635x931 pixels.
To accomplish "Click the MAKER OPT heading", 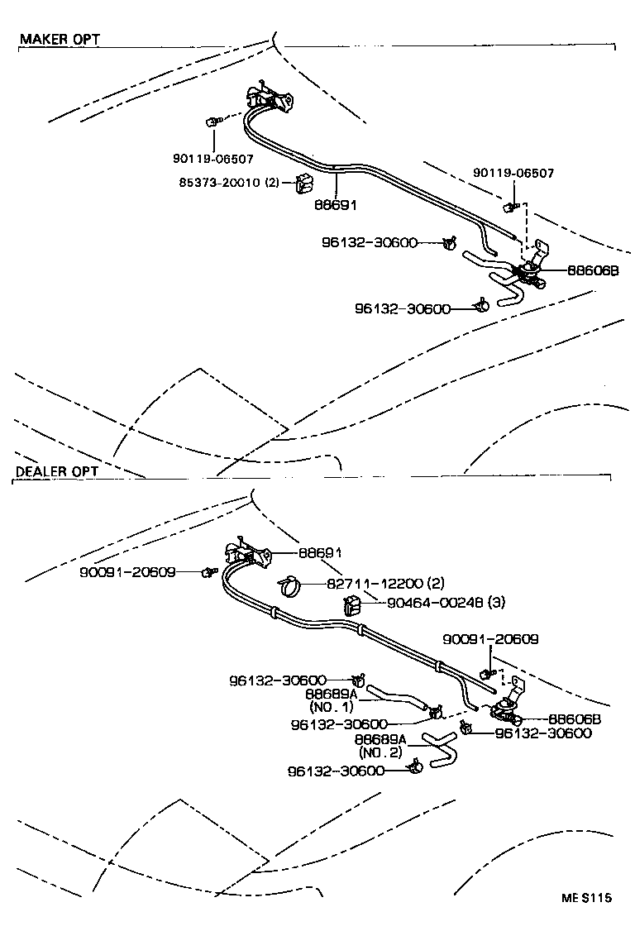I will [59, 40].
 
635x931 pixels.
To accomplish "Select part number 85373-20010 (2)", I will [228, 183].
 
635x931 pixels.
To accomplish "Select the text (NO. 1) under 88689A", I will [331, 707].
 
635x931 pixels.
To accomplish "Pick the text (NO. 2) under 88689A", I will [380, 752].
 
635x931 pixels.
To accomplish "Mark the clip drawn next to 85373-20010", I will [303, 186].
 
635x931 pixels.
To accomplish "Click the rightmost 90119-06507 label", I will [513, 173].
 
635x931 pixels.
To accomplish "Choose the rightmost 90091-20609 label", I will [490, 639].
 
